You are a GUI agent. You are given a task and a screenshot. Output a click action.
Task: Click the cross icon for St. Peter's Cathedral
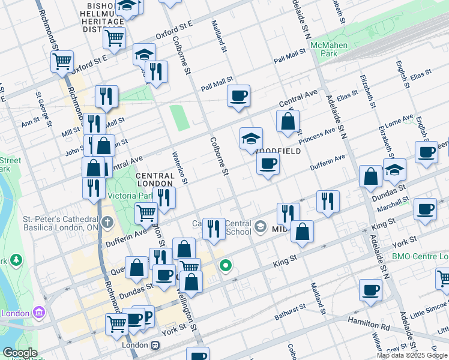107,223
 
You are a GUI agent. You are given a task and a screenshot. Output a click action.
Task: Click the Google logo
20,353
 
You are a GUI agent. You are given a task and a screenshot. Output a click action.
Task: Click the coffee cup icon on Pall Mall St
238,95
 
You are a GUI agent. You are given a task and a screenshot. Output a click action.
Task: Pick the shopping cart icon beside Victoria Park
146,212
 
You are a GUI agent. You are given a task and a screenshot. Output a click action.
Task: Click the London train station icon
155,346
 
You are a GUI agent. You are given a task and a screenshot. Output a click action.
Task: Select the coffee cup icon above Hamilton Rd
370,290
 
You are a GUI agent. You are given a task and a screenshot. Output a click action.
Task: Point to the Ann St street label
29,124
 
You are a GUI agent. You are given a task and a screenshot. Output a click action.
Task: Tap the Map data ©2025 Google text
412,355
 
